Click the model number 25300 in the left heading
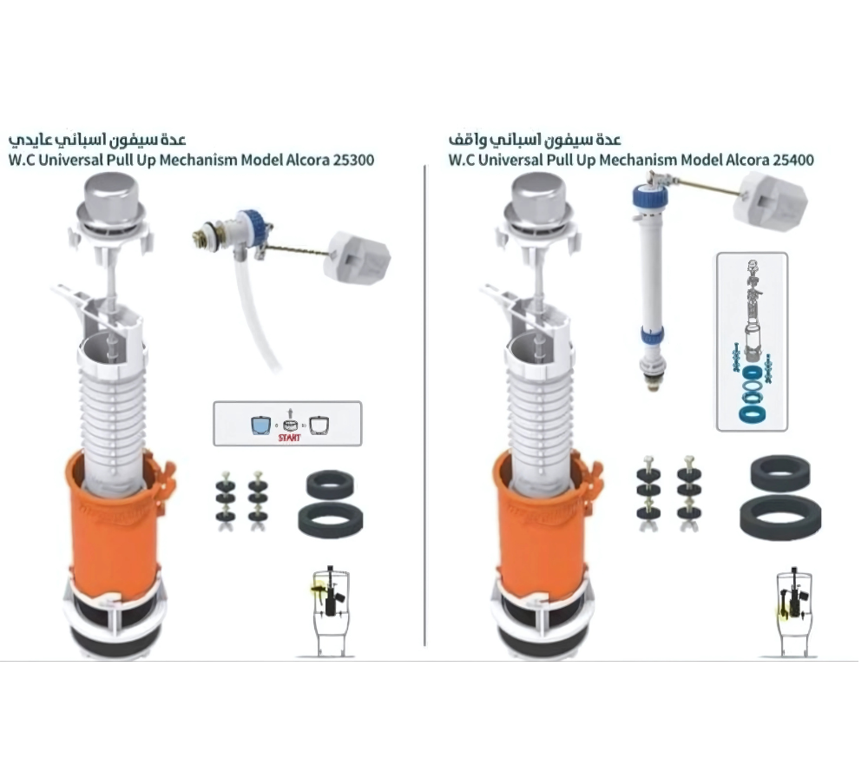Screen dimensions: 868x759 click(x=353, y=160)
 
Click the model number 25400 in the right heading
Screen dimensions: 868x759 click(x=793, y=160)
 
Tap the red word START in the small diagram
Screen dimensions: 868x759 click(x=290, y=438)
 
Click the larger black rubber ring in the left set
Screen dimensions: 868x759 click(x=331, y=520)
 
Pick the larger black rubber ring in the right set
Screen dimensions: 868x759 click(x=780, y=518)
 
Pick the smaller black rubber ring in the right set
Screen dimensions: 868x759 click(x=780, y=472)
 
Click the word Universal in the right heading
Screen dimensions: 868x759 click(x=511, y=160)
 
